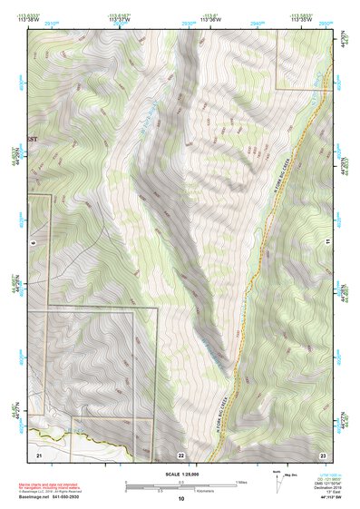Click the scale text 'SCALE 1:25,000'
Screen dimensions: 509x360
(182, 470)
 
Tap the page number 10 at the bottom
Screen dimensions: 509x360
(181, 499)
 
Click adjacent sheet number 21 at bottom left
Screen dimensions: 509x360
(39, 453)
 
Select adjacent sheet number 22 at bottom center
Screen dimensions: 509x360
(181, 453)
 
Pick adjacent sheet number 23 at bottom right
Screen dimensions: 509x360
(323, 453)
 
